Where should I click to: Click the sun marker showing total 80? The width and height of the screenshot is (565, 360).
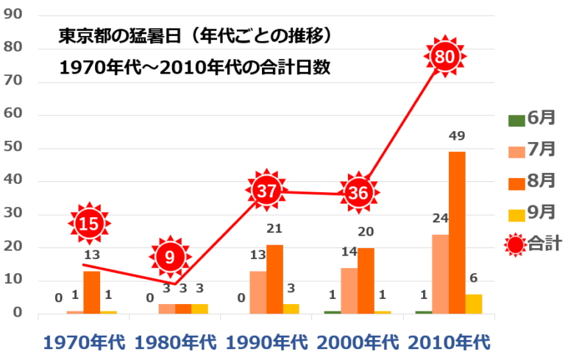[445, 56]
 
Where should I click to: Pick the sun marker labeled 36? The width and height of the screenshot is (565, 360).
[358, 194]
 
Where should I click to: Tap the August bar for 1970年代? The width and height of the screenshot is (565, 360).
[91, 292]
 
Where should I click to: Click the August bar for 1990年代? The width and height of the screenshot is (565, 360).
[274, 279]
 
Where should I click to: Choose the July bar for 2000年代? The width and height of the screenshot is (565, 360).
[349, 291]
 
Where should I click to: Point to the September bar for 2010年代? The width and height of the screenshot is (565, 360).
[473, 304]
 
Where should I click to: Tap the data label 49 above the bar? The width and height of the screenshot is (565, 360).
[457, 137]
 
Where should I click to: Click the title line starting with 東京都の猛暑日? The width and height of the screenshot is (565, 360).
[190, 35]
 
